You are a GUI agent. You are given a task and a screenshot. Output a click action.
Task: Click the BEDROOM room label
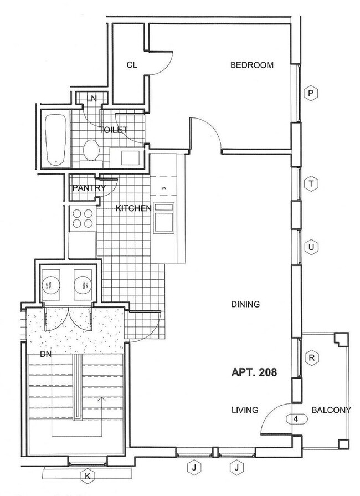tap(252, 65)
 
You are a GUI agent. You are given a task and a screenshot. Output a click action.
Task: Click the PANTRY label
tap(89, 188)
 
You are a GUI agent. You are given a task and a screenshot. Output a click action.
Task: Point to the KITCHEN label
tap(133, 208)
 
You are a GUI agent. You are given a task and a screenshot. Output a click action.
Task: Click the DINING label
tap(245, 304)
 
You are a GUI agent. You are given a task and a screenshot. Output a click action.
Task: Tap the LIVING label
tap(245, 411)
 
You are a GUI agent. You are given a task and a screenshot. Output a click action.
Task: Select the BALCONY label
tap(331, 411)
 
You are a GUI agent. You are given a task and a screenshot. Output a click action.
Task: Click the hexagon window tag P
tap(312, 94)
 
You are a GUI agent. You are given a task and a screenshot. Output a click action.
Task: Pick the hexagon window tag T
tap(312, 184)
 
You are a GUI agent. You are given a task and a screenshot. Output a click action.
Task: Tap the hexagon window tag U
tap(312, 247)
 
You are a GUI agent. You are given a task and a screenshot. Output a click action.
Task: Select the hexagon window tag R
tap(312, 358)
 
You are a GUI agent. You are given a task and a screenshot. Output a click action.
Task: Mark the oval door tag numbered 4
tap(296, 419)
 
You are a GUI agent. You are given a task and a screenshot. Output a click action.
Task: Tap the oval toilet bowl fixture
tap(91, 149)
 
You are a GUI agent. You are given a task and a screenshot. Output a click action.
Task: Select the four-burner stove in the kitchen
tap(81, 218)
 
